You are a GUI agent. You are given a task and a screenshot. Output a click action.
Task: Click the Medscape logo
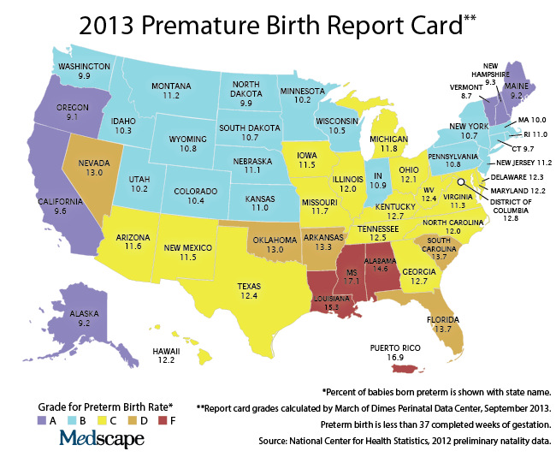pyautogui.click(x=101, y=439)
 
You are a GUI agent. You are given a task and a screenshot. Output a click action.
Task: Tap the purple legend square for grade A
pyautogui.click(x=42, y=420)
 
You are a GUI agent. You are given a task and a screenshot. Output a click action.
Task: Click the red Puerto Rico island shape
pyautogui.click(x=414, y=368)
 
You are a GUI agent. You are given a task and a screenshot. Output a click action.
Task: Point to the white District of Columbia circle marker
pyautogui.click(x=459, y=182)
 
